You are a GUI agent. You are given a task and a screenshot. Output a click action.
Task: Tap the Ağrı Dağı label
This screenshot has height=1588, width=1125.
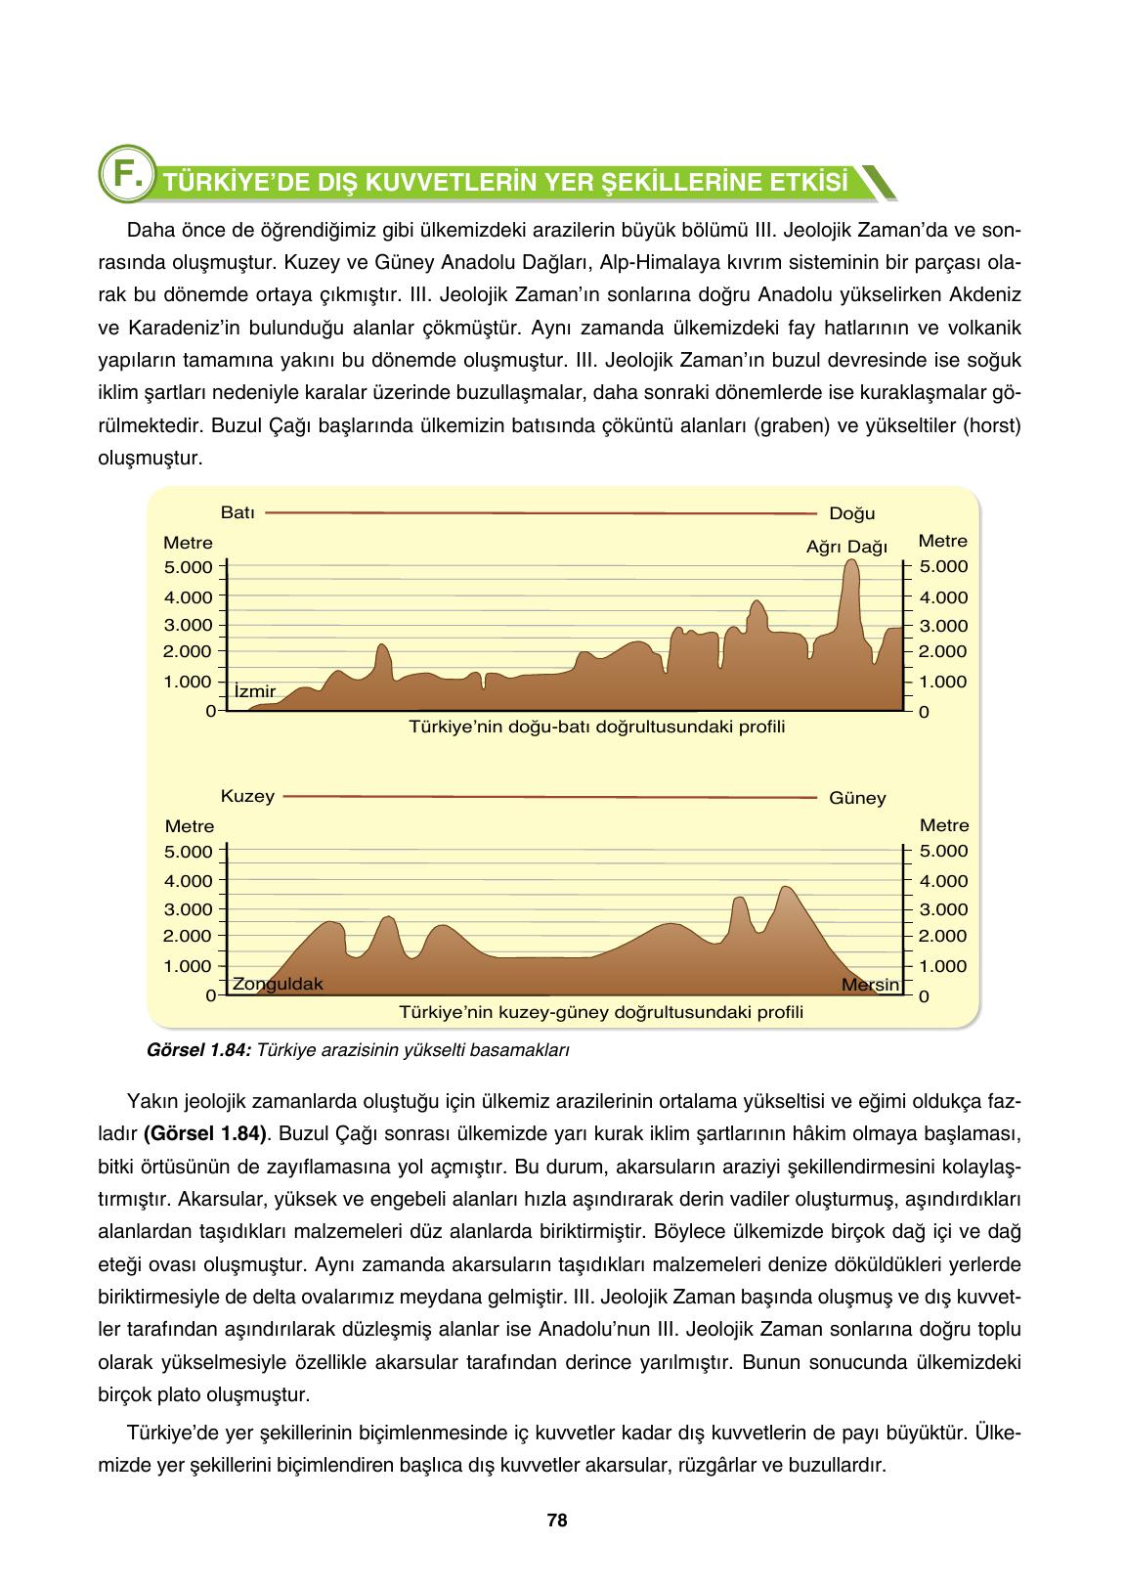point(846,547)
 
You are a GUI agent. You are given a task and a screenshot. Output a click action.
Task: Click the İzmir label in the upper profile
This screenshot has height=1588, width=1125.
point(255,691)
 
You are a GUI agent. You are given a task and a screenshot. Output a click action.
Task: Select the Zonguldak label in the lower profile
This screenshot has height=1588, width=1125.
point(277,984)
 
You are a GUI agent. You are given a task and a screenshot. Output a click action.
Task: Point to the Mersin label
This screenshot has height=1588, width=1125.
point(870,985)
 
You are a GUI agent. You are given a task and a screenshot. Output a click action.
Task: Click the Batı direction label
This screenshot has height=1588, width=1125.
point(238,511)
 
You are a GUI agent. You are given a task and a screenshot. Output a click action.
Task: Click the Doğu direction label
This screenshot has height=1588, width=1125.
point(852,513)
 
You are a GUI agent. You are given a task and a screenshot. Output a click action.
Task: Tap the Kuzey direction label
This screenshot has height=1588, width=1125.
point(247,796)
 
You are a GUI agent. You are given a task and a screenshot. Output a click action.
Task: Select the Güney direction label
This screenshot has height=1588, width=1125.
point(857,798)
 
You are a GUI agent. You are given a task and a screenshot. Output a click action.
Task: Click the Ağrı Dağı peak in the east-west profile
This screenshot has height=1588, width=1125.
point(851,564)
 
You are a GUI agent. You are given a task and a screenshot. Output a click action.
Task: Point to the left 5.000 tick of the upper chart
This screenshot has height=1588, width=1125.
point(189,567)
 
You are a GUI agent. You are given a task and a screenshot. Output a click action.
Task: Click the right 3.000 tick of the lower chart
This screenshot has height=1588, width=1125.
point(943,909)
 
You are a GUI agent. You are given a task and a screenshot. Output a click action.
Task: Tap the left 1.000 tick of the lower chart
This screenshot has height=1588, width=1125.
point(189,966)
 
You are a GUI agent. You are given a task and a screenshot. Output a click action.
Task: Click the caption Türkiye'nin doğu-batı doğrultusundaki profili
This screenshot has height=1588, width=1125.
point(596,728)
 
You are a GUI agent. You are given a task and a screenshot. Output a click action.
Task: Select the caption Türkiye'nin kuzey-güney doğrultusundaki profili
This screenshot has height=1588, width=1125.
point(601,1012)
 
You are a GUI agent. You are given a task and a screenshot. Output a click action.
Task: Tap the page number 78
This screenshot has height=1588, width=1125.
point(557,1521)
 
